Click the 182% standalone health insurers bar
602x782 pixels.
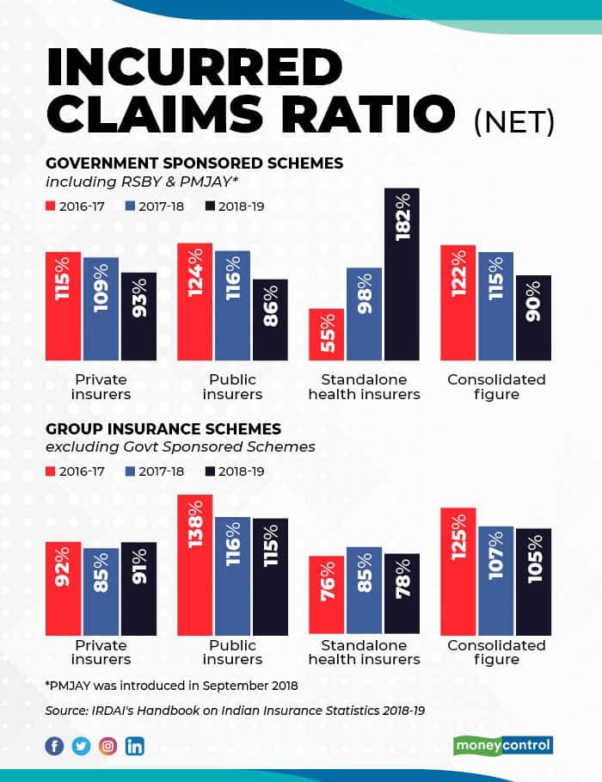402,274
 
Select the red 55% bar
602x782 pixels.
327,334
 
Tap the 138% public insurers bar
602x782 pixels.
194,565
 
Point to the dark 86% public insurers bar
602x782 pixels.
269,319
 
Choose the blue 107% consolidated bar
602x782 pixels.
495,581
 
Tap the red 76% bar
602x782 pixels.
327,595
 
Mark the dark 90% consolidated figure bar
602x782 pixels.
532,317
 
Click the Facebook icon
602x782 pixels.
54,746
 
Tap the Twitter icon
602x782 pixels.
81,746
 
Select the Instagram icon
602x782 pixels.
107,746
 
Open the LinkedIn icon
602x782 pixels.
135,746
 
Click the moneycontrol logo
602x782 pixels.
502,745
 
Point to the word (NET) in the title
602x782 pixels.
513,120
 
